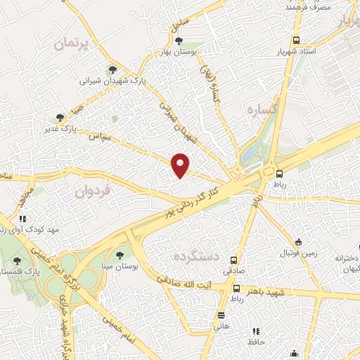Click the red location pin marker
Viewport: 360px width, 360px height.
coord(181,165)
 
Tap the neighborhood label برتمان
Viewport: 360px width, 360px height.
coord(72,44)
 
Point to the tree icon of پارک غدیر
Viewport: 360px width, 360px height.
coord(60,117)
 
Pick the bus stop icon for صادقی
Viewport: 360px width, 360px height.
coord(233,259)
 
